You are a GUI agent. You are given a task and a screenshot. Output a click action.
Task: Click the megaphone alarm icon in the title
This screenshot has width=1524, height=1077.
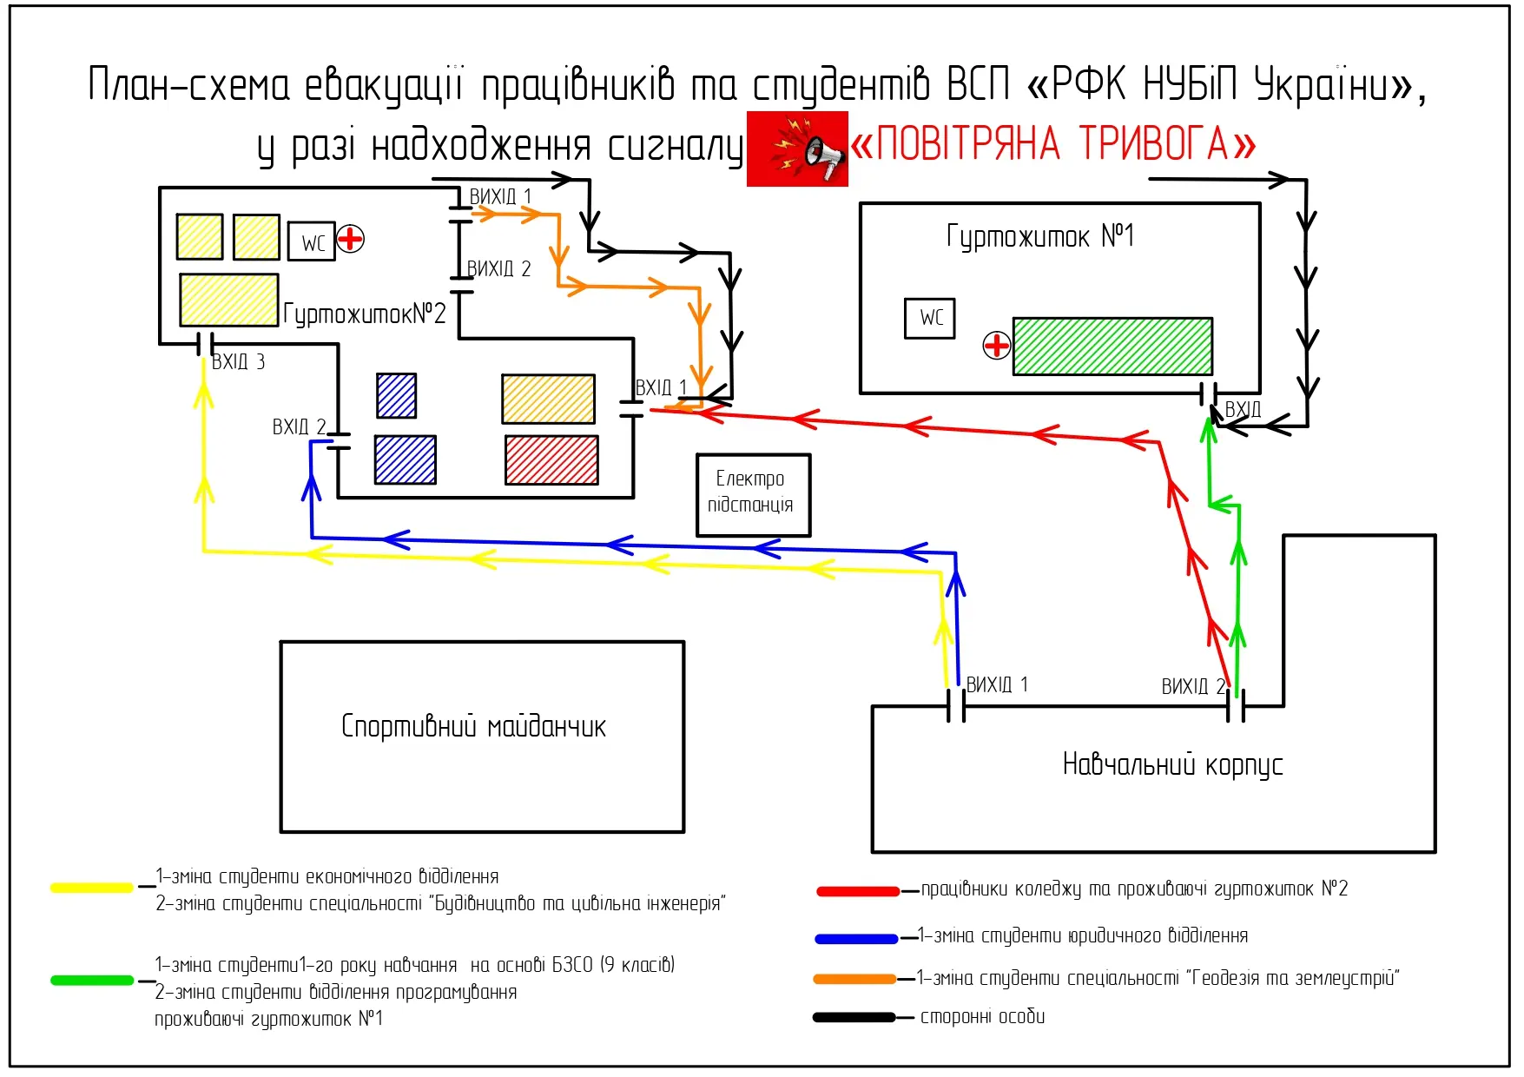(x=797, y=149)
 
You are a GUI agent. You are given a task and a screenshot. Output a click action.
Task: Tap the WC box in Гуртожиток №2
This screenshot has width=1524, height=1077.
(x=312, y=241)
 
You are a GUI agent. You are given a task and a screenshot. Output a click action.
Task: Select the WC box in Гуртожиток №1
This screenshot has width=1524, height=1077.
(x=929, y=318)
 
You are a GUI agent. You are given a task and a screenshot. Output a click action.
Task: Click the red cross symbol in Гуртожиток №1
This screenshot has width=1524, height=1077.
(x=996, y=346)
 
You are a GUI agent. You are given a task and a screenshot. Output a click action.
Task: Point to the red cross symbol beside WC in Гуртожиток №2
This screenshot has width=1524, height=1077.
(x=350, y=238)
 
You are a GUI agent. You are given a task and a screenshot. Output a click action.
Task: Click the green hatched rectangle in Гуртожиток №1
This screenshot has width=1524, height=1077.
(x=1112, y=346)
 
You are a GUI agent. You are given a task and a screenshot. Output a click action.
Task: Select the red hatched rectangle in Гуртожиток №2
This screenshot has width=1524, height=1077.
(x=551, y=459)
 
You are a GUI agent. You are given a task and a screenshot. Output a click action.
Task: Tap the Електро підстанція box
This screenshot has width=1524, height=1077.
(x=752, y=494)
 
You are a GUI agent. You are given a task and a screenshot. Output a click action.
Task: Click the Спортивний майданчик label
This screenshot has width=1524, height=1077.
(x=473, y=726)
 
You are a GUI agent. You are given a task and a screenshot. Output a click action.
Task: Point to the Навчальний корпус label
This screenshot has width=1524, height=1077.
(x=1172, y=764)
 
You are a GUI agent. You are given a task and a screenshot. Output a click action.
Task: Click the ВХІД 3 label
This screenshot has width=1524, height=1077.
(x=238, y=362)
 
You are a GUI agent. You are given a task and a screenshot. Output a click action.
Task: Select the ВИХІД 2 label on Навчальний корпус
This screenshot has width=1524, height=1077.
(x=1193, y=687)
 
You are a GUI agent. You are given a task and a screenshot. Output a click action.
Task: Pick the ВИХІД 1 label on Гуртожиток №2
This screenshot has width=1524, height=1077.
(x=500, y=197)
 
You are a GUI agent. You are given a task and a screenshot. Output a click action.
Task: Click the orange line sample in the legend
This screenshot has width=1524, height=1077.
(x=854, y=979)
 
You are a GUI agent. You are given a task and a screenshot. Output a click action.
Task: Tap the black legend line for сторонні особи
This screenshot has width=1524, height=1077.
(x=854, y=1017)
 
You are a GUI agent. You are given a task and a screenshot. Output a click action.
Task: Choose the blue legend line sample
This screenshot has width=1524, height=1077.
(x=856, y=938)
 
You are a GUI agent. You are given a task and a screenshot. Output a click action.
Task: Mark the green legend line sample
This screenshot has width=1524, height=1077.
(x=92, y=981)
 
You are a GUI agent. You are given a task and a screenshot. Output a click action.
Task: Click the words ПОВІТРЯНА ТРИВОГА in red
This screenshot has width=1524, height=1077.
(x=1052, y=144)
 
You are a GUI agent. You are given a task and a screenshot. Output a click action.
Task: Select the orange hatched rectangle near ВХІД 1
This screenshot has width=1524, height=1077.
(x=548, y=399)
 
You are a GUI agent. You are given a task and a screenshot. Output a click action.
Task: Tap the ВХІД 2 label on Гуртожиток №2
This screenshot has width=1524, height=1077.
(x=299, y=427)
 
